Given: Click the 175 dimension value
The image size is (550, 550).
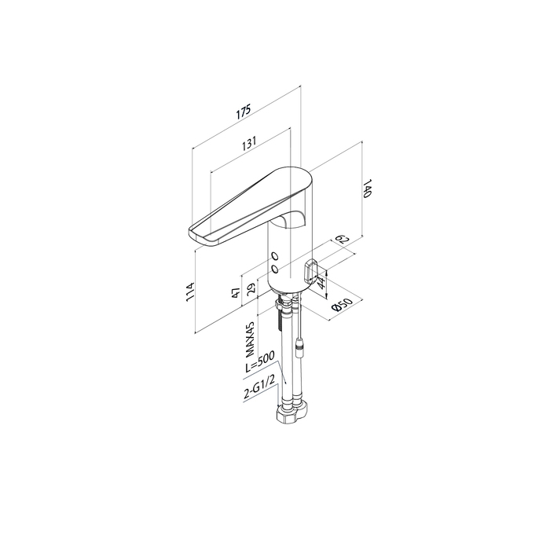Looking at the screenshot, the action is tap(244, 112).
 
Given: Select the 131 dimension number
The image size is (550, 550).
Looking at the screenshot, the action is tap(249, 143).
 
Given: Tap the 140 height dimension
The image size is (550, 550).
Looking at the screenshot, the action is tap(366, 189).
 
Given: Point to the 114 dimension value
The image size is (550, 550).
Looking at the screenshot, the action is tap(190, 291).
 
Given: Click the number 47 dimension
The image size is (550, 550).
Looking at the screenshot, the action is tap(236, 291).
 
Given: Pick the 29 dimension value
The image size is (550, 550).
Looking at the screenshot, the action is tap(252, 288).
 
